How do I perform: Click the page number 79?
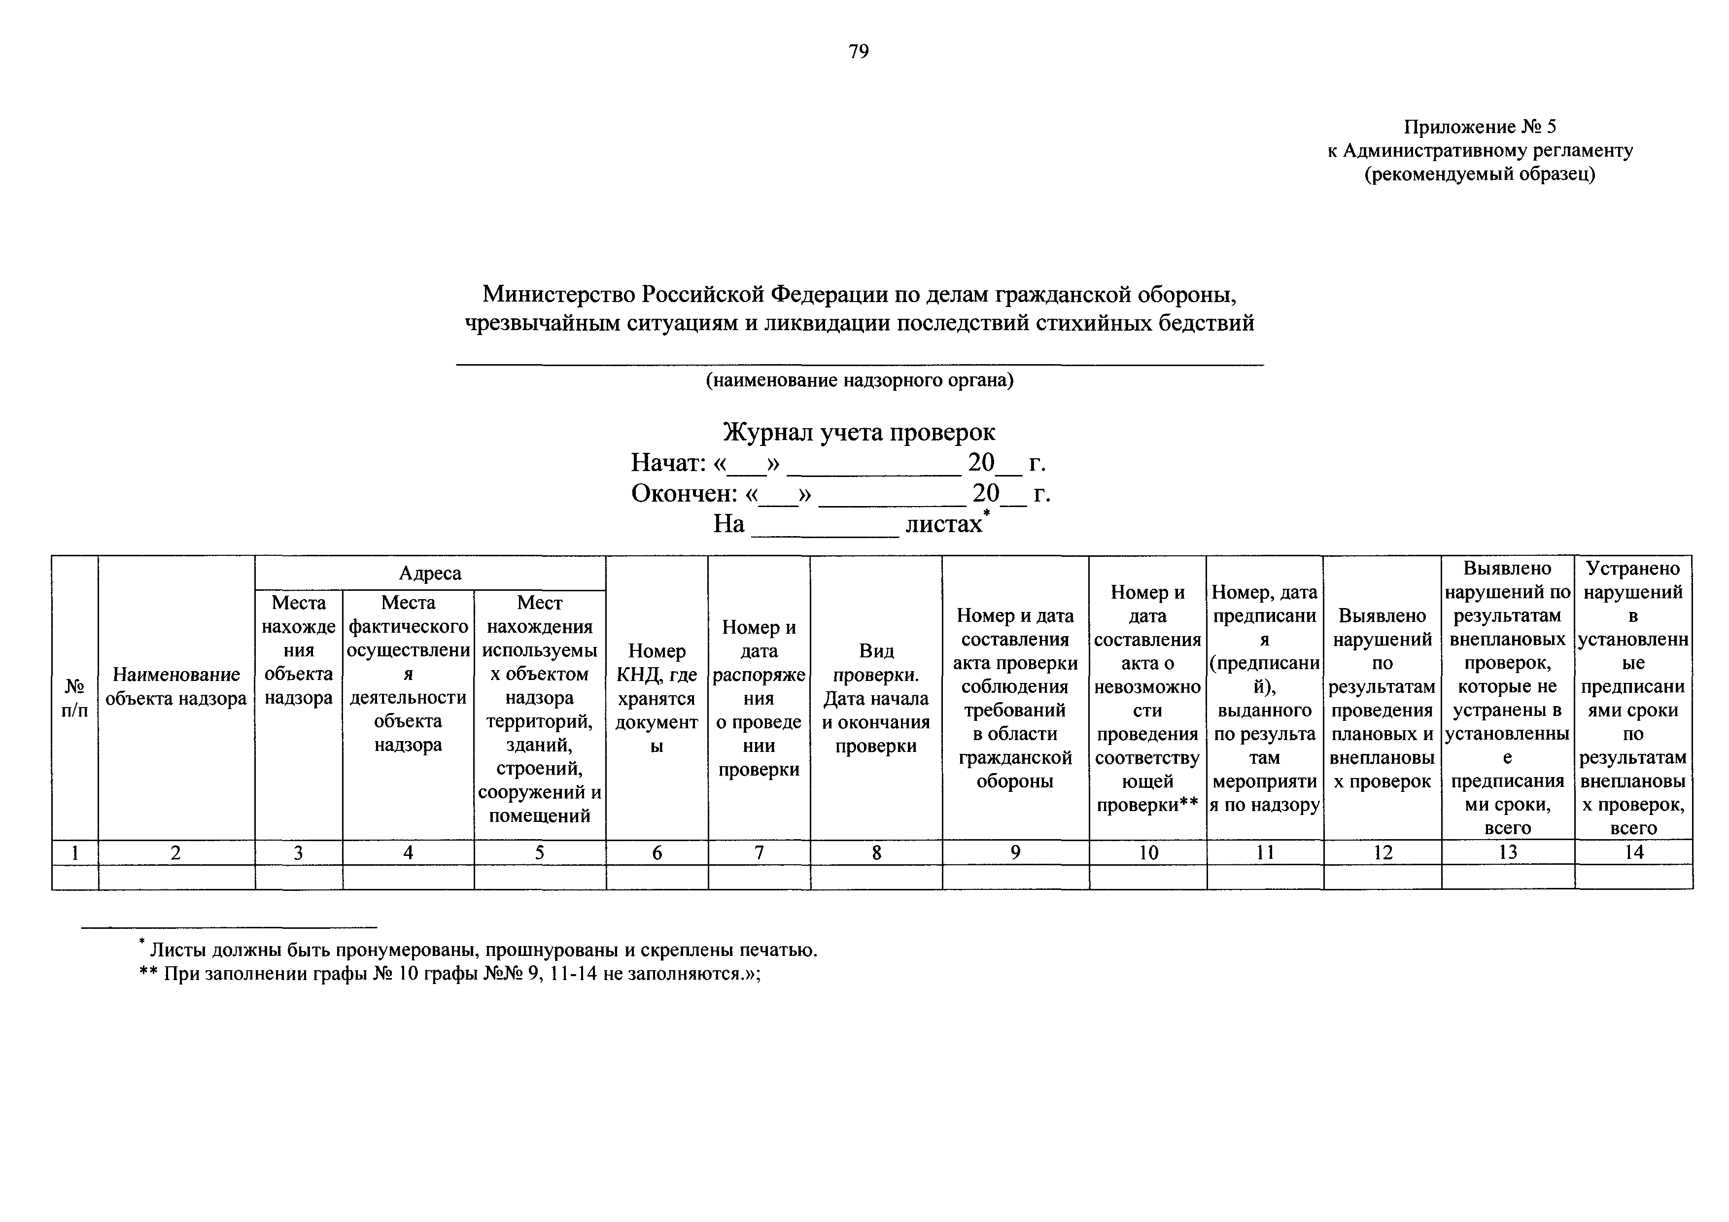coord(859,51)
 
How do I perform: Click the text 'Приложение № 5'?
coord(1479,127)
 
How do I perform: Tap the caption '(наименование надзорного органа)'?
coord(859,380)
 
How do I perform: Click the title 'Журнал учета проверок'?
coord(859,432)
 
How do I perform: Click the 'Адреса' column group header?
coord(430,573)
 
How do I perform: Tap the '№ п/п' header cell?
coord(74,697)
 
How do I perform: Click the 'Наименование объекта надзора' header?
coord(176,686)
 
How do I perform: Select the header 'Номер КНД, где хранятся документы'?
coord(657,698)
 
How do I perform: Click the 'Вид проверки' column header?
coord(876,698)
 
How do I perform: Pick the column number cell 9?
coord(1015,852)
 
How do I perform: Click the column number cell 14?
coord(1633,852)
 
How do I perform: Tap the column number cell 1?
coord(74,852)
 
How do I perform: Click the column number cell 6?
coord(657,852)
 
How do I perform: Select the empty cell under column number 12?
coord(1383,877)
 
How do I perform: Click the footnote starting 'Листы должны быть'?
coord(482,950)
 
